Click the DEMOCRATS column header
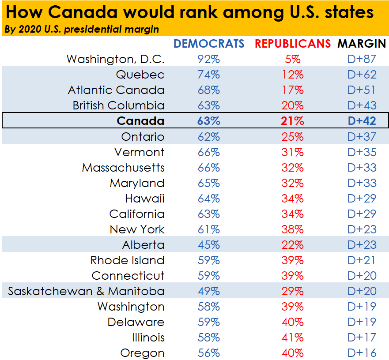click(x=208, y=44)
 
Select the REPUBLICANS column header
click(x=292, y=44)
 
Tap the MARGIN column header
click(x=362, y=44)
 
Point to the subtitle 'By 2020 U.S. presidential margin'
click(x=81, y=30)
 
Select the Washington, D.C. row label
click(x=115, y=59)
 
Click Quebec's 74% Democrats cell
click(x=208, y=75)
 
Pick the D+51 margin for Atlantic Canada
click(x=362, y=90)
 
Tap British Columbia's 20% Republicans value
click(x=292, y=105)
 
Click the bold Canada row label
click(x=140, y=121)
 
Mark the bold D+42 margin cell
click(x=362, y=121)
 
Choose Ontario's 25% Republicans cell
click(x=292, y=136)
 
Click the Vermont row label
click(x=139, y=152)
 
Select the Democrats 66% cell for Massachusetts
click(x=208, y=168)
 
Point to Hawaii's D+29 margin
click(x=362, y=199)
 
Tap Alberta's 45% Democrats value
click(x=208, y=245)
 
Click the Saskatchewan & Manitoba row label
click(x=86, y=291)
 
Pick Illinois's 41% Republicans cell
click(x=292, y=337)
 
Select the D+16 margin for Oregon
click(x=362, y=353)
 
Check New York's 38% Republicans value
click(x=292, y=229)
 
